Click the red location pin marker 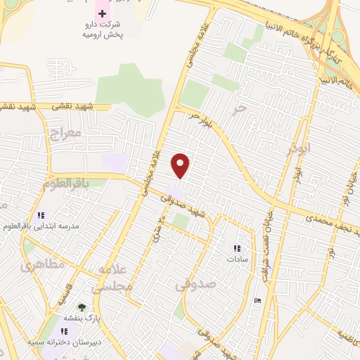(181, 165)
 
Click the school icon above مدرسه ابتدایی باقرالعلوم (40, 214)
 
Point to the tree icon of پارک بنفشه (82, 307)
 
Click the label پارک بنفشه (81, 318)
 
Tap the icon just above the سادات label (237, 247)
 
